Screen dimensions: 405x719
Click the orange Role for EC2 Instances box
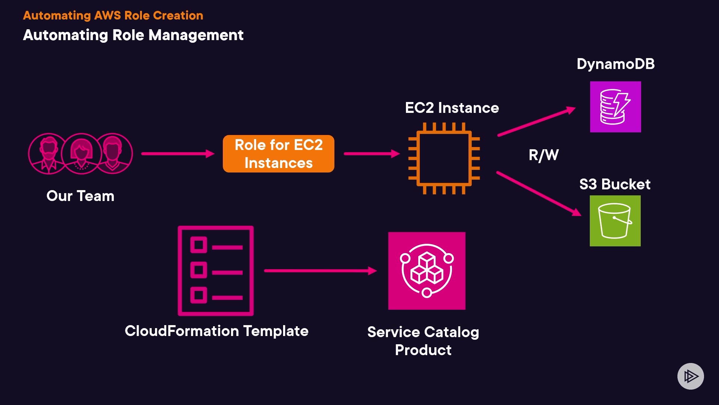278,154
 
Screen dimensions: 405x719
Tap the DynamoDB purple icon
615,107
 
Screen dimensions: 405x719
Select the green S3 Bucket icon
615,221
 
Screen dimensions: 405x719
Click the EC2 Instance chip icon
444,158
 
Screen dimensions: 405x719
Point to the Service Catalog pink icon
427,271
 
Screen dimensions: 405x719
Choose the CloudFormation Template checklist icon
216,271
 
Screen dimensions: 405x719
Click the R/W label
543,155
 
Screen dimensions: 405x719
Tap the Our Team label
80,196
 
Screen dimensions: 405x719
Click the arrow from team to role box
178,154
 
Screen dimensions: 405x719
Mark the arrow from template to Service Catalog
320,271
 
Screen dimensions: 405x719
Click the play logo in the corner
691,376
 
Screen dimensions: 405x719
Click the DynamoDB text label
616,64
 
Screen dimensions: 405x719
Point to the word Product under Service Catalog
423,350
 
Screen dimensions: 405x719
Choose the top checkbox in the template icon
198,245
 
